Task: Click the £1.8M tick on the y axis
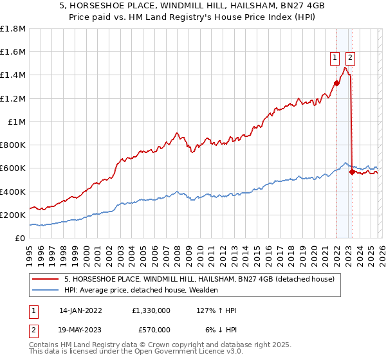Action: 13,29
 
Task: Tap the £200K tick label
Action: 13,215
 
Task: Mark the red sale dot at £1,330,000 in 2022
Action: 336,82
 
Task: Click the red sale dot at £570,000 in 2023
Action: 352,172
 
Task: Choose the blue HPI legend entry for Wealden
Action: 141,291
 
